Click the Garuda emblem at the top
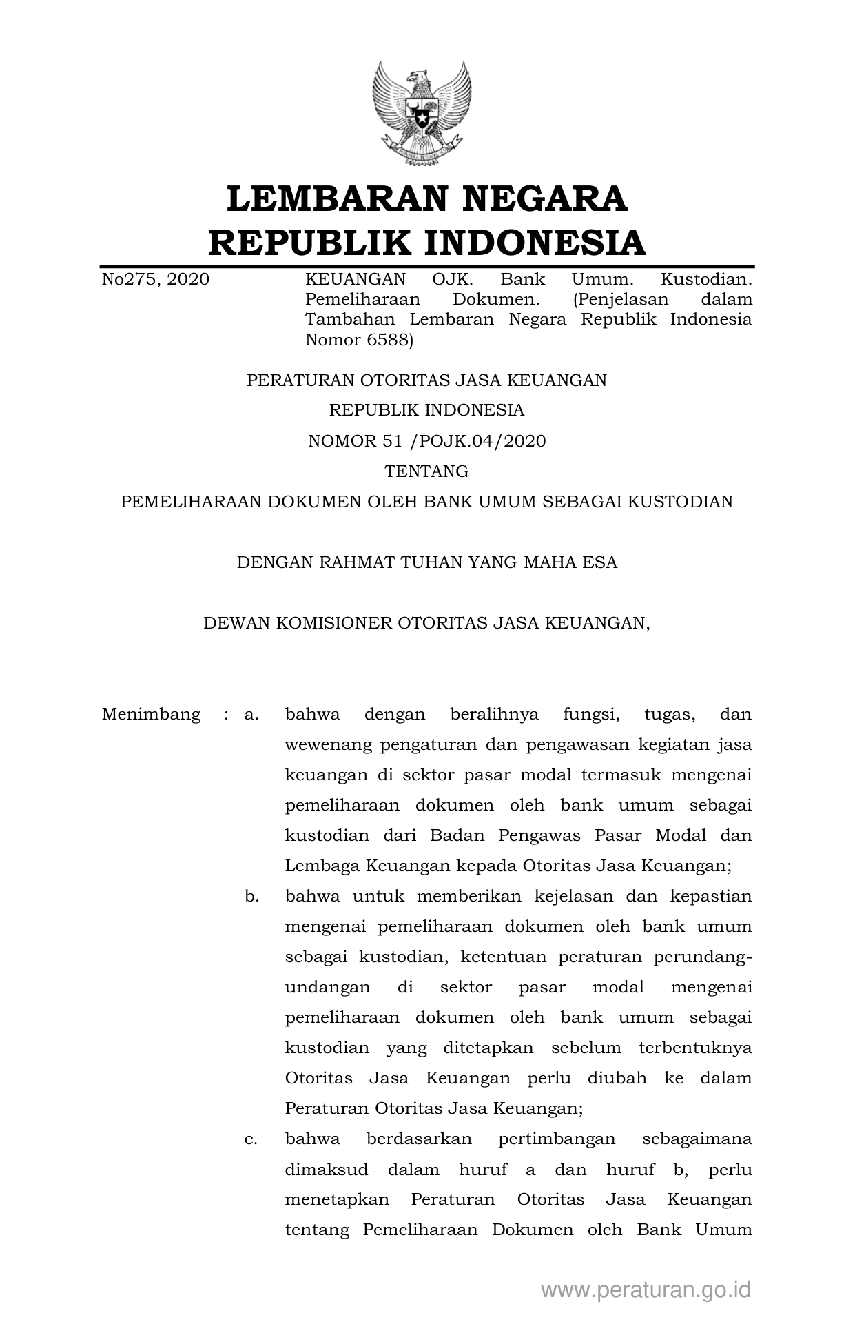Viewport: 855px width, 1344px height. coord(421,113)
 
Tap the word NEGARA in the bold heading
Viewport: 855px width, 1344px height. coord(544,198)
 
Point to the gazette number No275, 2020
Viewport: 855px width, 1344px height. coord(156,279)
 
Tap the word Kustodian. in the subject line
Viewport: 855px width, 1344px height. coord(706,279)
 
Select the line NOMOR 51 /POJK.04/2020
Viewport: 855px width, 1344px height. coord(426,441)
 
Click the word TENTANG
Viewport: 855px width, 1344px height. coord(426,471)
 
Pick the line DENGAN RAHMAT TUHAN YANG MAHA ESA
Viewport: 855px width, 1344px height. coord(426,562)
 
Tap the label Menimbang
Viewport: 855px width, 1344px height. coord(151,714)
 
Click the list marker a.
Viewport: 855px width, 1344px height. coord(251,714)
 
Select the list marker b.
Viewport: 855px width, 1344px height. coord(251,896)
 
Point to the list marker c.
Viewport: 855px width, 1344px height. coord(251,1139)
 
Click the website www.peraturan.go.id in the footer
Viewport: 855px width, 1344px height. coord(646,1290)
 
